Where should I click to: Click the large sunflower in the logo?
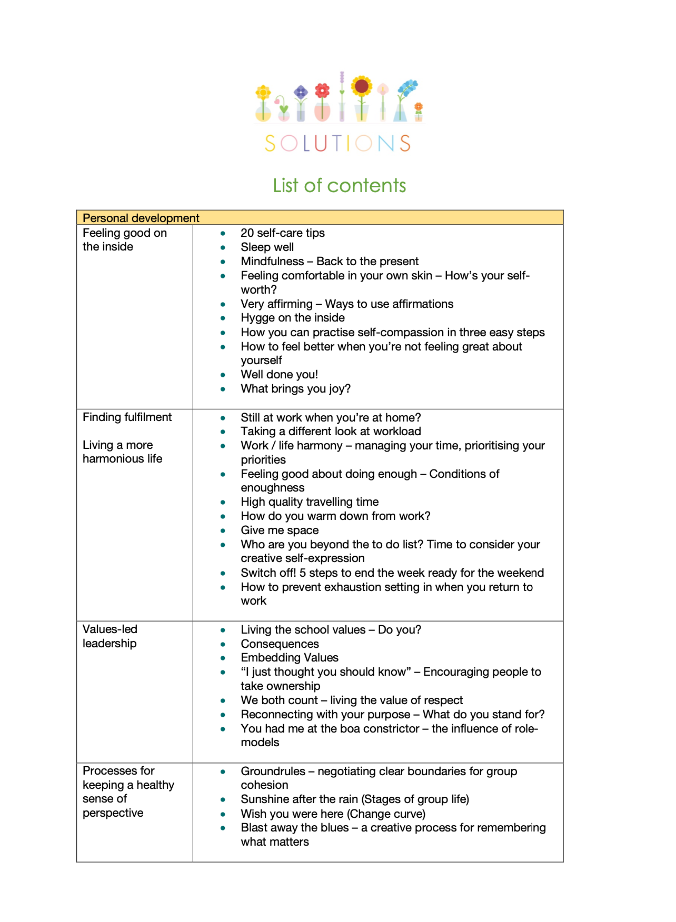(362, 85)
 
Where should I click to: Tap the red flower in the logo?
(322, 91)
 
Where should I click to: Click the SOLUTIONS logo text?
(337, 143)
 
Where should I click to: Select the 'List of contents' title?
(339, 185)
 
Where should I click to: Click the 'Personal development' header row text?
(141, 218)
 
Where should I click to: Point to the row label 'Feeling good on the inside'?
(124, 239)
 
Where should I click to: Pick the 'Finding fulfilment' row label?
(127, 417)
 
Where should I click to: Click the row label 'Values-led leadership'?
(110, 636)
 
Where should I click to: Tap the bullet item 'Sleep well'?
(267, 247)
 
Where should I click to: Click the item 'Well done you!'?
(279, 375)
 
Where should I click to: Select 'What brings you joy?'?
(295, 389)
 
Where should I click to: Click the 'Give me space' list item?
(280, 530)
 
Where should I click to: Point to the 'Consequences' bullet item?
(280, 644)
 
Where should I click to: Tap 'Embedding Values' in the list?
(290, 658)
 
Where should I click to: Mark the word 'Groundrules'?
(273, 771)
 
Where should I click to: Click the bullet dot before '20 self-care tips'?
(223, 233)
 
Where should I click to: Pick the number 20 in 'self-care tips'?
(247, 233)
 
